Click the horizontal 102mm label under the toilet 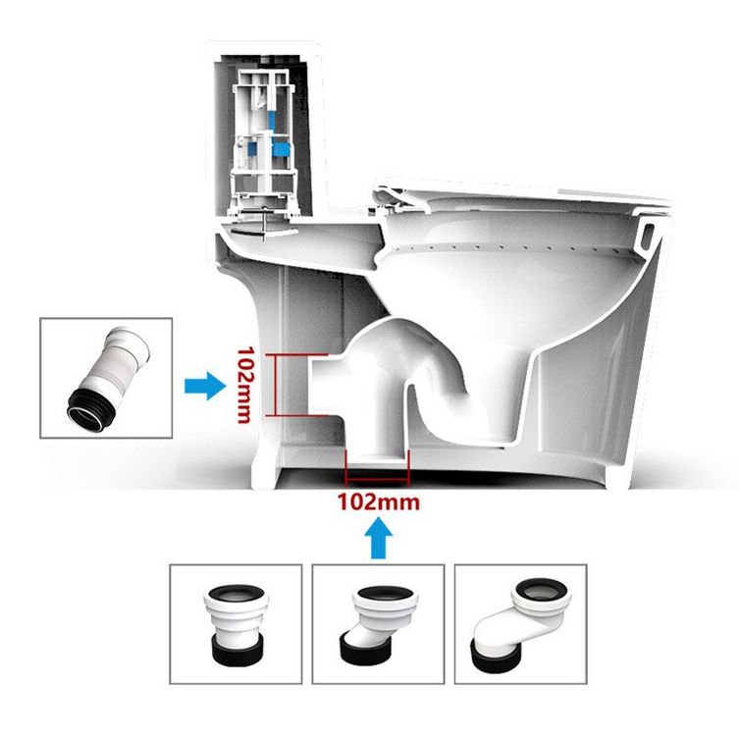(378, 502)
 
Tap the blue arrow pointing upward (378, 539)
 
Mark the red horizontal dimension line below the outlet (378, 482)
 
